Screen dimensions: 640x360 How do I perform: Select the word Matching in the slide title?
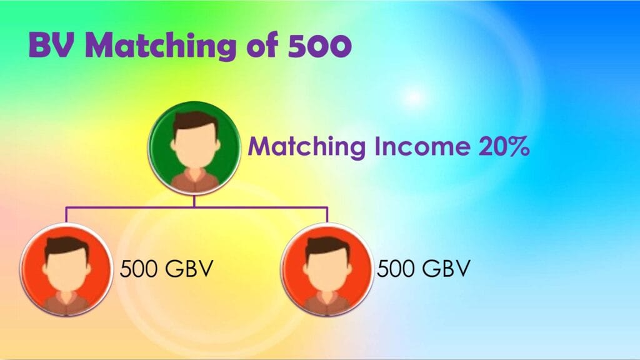coord(161,46)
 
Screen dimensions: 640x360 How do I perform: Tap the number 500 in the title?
coord(319,45)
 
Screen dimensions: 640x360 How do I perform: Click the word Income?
coord(422,146)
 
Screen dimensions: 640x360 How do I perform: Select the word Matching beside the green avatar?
coord(306,147)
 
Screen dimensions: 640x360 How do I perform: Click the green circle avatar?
coord(194,147)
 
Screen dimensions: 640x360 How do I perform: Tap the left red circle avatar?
coord(66,269)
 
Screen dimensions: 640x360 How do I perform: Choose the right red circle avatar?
coord(327,269)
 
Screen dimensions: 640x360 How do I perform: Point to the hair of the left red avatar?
coord(66,246)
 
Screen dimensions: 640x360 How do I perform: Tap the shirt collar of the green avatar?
coord(196,176)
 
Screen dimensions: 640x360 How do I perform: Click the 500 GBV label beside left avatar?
coord(166,269)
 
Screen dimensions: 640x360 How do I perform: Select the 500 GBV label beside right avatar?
coord(424,269)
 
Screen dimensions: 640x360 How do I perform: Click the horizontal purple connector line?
coord(197,207)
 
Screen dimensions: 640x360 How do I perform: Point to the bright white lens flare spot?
coord(414,97)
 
